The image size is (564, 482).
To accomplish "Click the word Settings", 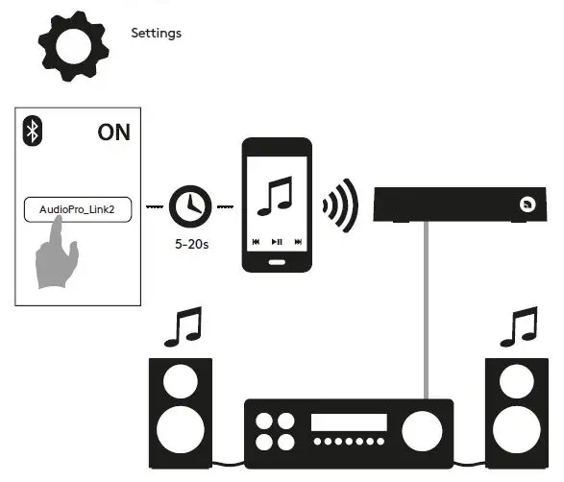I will click(x=156, y=34).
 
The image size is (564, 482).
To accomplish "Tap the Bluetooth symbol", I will click(x=32, y=133).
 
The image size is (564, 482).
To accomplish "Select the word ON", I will click(x=113, y=133).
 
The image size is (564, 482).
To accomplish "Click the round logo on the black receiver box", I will click(x=527, y=204).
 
